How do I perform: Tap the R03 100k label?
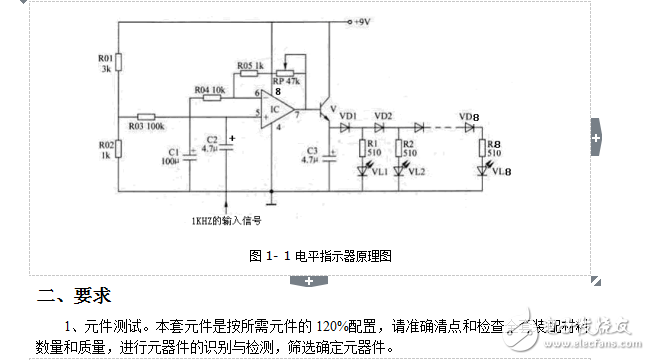coord(145,127)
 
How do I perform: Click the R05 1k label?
coord(251,67)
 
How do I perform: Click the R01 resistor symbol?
coord(118,62)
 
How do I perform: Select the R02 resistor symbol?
coord(118,148)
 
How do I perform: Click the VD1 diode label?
coord(348,116)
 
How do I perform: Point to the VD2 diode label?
coord(383,116)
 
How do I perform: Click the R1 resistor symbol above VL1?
coord(364,147)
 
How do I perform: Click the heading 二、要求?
coord(73,297)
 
